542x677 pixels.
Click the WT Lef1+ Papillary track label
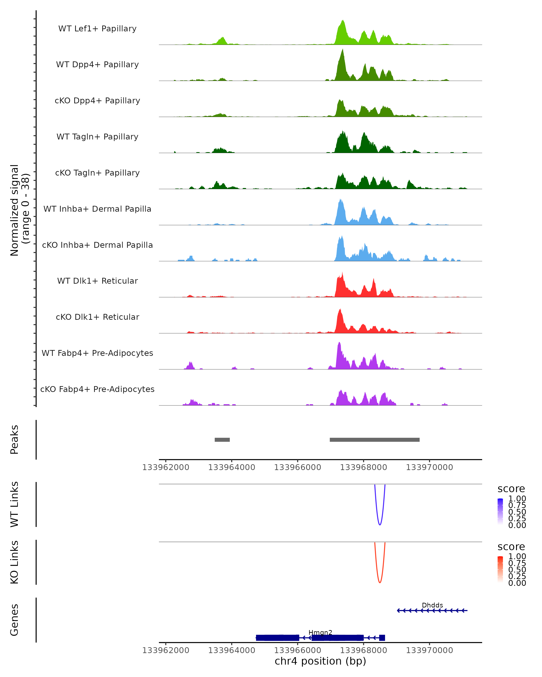tap(97, 29)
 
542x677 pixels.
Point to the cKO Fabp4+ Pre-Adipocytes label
tap(97, 389)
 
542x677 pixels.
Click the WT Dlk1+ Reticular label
tap(97, 281)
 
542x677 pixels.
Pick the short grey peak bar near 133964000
tap(222, 440)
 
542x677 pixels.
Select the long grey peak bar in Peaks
tap(374, 440)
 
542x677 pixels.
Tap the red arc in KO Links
tap(380, 582)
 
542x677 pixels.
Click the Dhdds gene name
tap(432, 605)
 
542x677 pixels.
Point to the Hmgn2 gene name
tap(320, 632)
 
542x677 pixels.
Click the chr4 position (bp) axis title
tap(320, 661)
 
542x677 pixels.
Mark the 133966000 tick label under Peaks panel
tap(298, 467)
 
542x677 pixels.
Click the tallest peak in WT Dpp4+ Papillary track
tap(343, 50)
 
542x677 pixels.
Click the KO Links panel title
tap(14, 562)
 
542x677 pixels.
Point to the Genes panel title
tap(14, 620)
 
